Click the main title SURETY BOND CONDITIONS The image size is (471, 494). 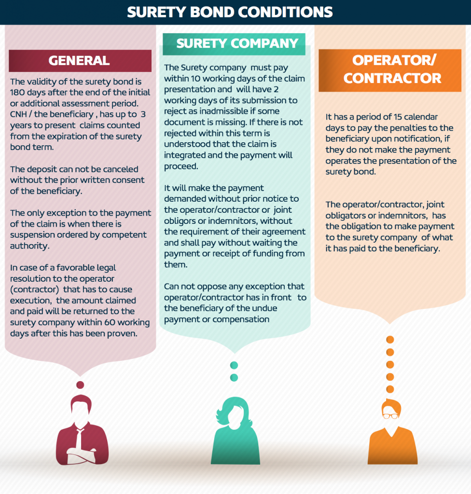230,12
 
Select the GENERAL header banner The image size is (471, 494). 80,60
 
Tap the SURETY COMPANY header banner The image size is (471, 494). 234,44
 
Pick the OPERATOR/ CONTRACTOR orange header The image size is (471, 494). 390,70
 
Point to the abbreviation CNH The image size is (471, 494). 18,114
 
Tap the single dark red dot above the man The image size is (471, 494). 80,384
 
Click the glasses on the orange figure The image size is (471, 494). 390,416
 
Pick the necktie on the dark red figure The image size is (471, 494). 80,438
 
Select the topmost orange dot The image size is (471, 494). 390,340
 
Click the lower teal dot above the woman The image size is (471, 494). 234,377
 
